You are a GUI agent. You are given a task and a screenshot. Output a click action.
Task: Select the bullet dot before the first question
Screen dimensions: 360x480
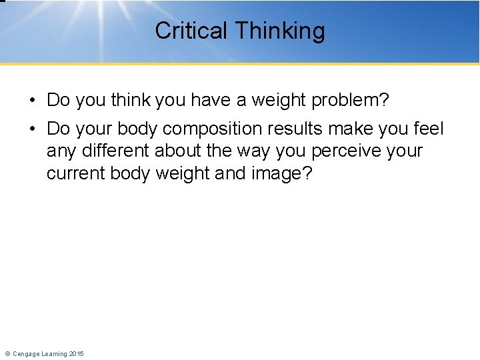32,101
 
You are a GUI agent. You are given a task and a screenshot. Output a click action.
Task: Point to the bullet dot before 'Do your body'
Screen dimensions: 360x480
32,129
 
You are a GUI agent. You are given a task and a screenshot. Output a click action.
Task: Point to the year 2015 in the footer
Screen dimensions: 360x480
76,353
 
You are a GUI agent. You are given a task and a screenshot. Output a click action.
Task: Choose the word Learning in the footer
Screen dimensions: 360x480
55,353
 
